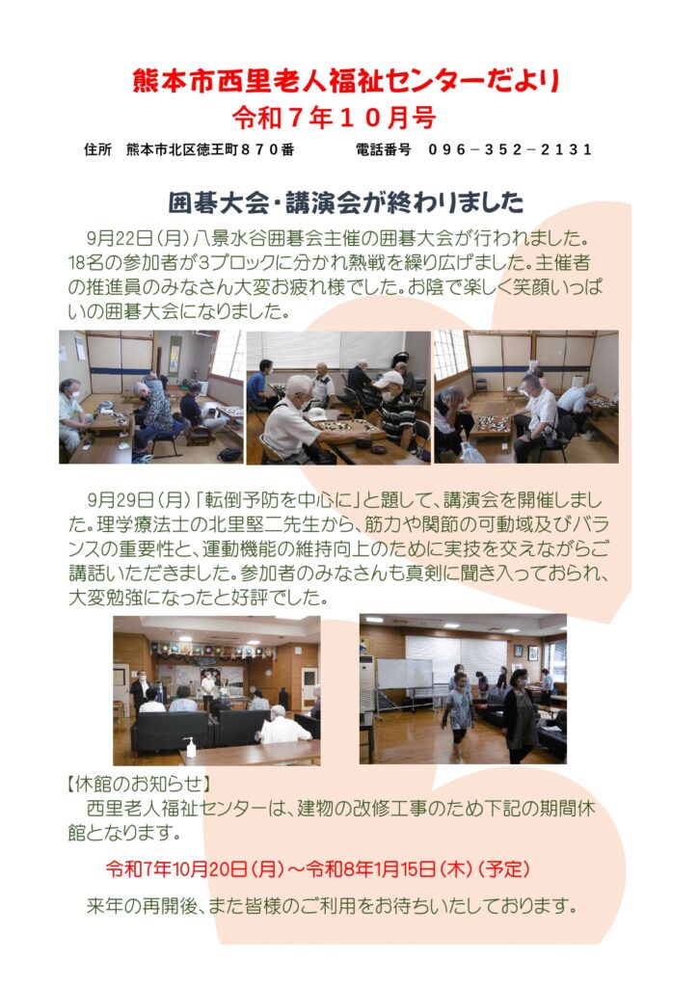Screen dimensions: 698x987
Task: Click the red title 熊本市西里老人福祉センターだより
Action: [x=346, y=82]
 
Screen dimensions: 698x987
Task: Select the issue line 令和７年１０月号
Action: [x=335, y=117]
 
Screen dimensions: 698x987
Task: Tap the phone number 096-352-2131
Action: [x=510, y=149]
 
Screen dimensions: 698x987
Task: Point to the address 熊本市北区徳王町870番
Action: [x=210, y=149]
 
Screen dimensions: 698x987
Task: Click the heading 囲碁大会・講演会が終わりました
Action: [x=346, y=201]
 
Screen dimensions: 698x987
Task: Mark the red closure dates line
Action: [x=318, y=869]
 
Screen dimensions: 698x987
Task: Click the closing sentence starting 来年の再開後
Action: [x=332, y=906]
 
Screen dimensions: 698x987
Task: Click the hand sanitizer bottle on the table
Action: [x=188, y=747]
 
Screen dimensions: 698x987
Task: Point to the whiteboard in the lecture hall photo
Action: [x=404, y=675]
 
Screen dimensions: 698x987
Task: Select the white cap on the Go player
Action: [x=389, y=378]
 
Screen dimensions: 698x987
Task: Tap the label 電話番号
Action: [x=384, y=149]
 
